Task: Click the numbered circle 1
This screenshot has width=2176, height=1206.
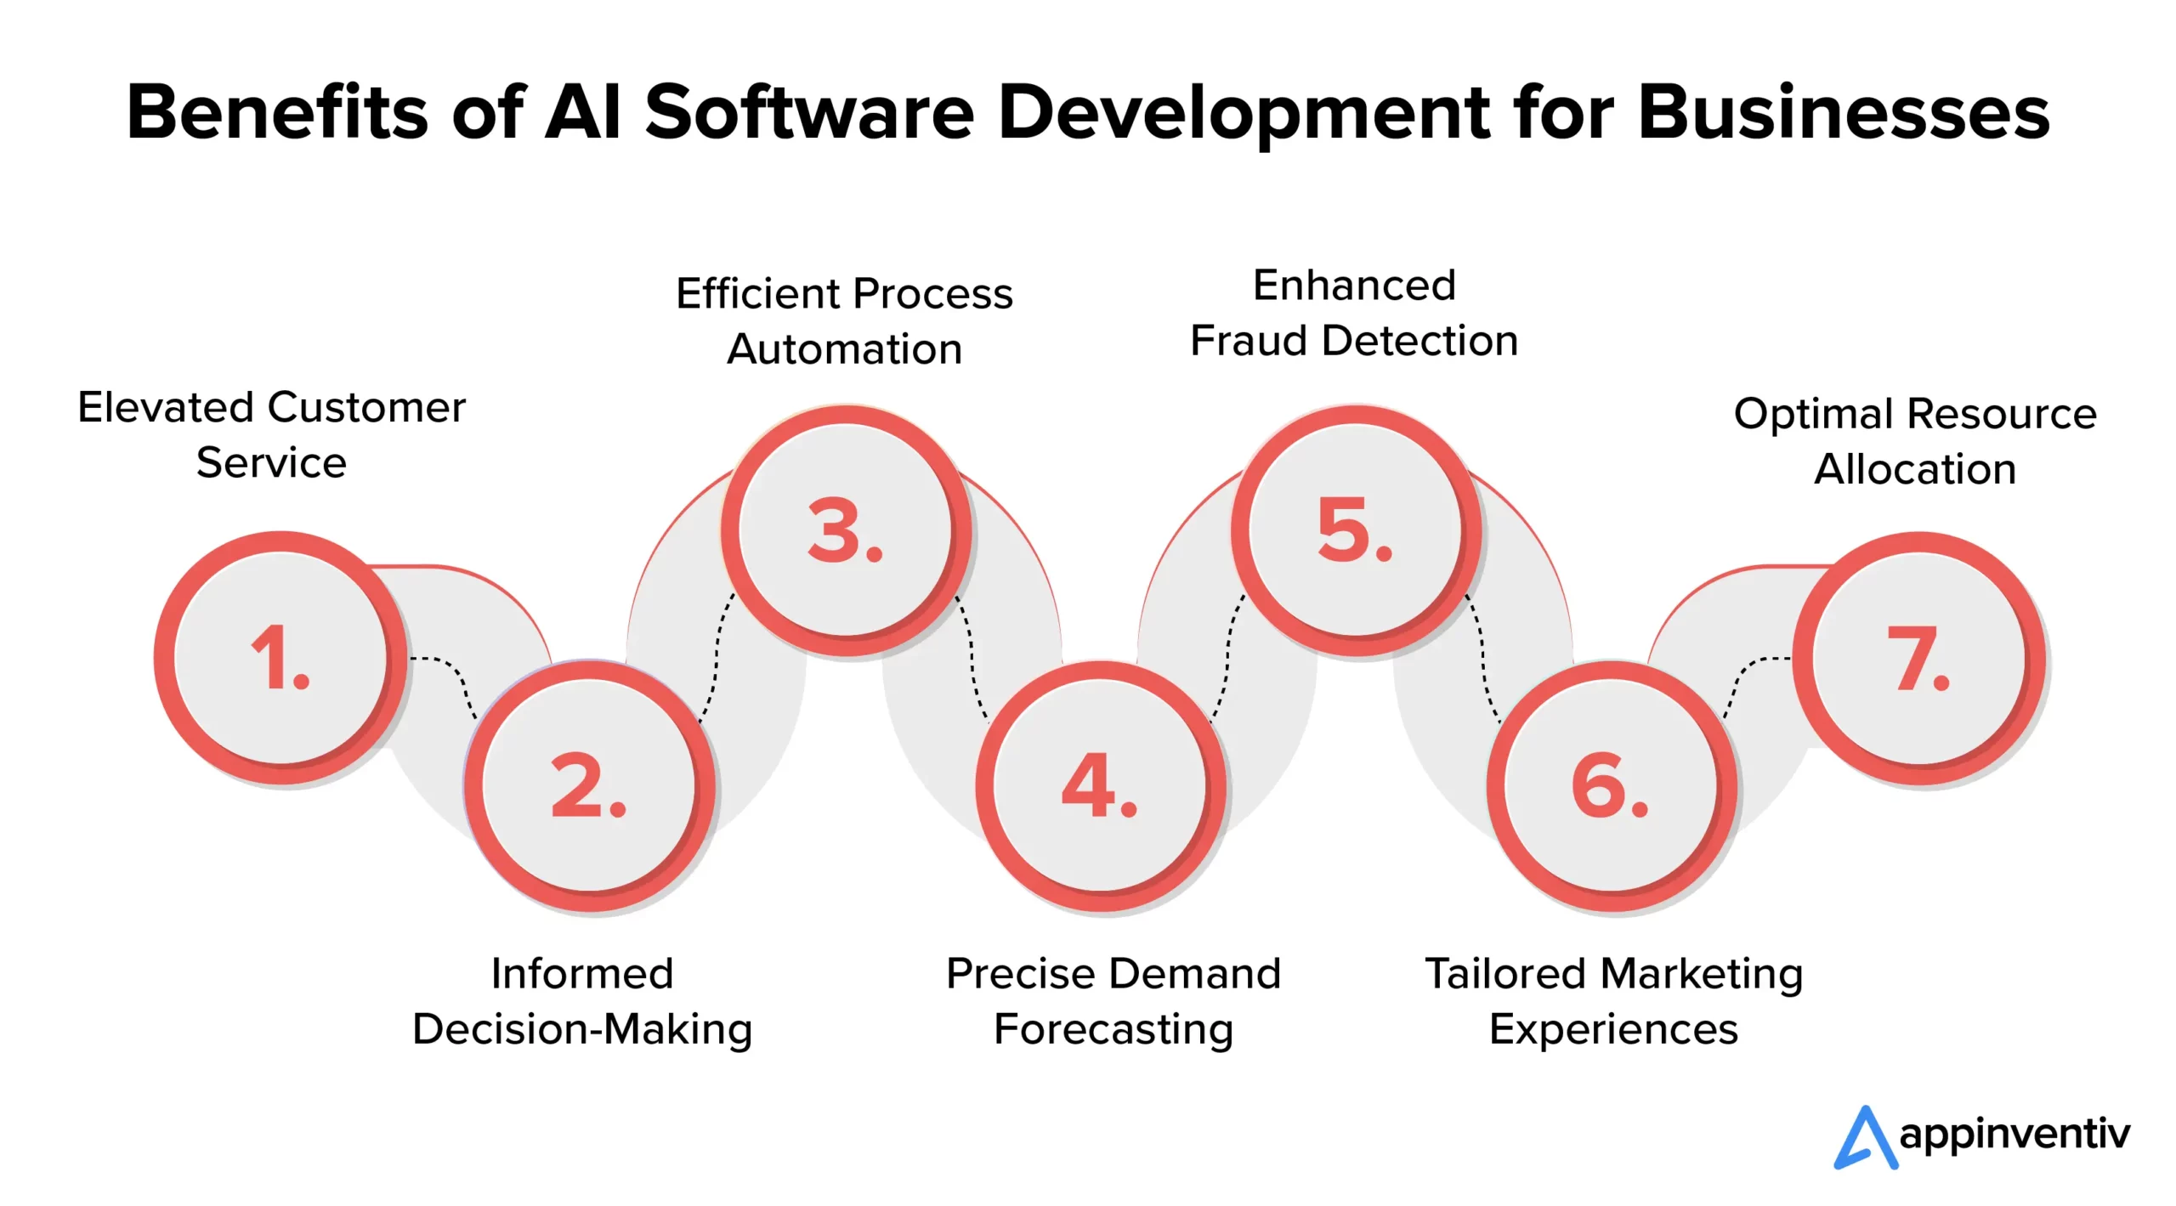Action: point(280,657)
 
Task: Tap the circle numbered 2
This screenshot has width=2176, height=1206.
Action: point(589,785)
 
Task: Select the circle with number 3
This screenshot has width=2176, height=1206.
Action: point(846,530)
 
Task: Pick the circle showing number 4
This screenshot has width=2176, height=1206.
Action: point(1100,785)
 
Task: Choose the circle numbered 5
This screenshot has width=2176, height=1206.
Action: point(1356,530)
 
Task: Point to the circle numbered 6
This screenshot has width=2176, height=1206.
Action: point(1611,785)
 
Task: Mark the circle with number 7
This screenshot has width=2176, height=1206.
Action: point(1918,657)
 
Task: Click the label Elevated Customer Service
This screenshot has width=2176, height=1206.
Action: point(271,435)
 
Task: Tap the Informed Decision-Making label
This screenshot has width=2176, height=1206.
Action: point(582,1001)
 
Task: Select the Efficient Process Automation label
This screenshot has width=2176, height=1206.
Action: point(844,321)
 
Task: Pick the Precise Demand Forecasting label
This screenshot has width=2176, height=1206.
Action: point(1113,1001)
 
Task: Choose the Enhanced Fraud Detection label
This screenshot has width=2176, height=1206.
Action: point(1354,313)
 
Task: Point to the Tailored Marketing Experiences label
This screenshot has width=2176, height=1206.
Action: point(1613,1001)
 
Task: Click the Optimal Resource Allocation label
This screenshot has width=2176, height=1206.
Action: point(1915,441)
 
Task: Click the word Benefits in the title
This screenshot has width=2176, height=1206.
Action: point(277,112)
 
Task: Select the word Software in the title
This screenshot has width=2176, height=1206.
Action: point(809,112)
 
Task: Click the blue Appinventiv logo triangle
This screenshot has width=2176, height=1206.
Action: point(1866,1139)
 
